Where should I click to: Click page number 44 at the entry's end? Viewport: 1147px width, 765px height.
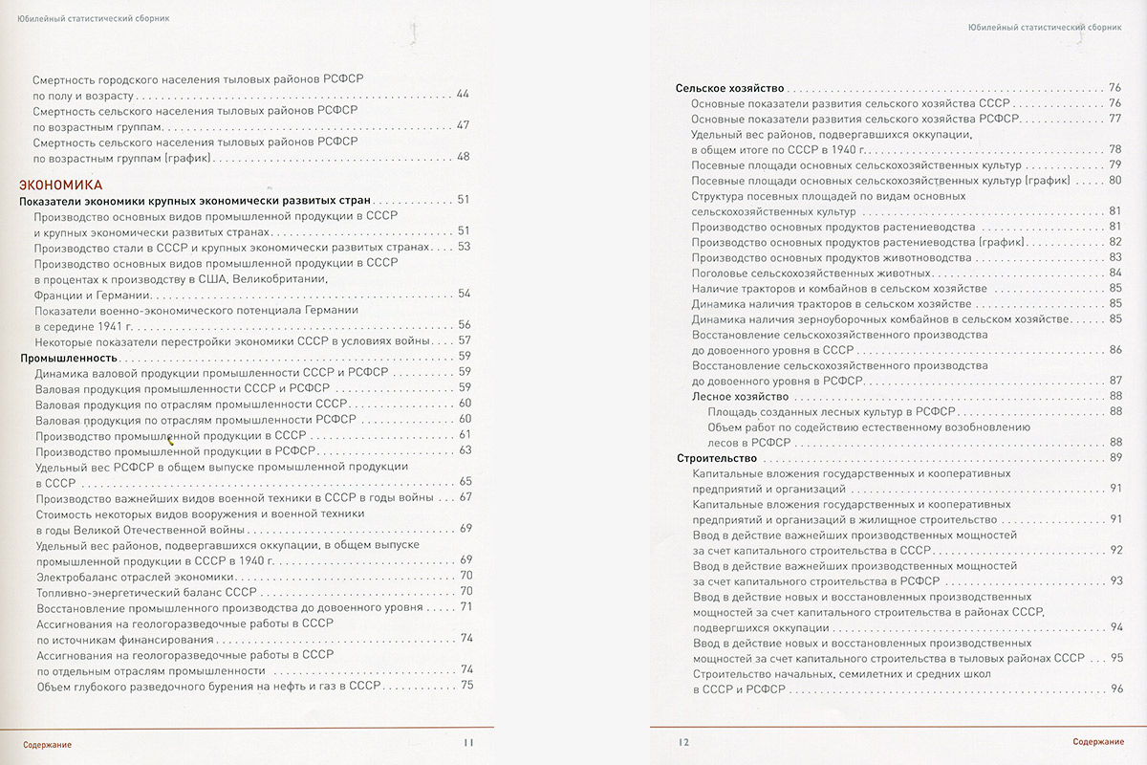pyautogui.click(x=464, y=95)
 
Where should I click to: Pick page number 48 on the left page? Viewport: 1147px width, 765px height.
pyautogui.click(x=464, y=157)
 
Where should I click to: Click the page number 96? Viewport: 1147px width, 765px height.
pyautogui.click(x=1115, y=689)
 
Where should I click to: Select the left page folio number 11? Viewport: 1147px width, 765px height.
pyautogui.click(x=467, y=742)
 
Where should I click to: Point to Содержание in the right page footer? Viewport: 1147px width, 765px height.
pyautogui.click(x=1096, y=743)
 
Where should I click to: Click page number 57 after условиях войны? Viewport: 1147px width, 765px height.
pyautogui.click(x=465, y=340)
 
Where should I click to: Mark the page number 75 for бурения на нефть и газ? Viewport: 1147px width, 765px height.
pyautogui.click(x=466, y=685)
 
